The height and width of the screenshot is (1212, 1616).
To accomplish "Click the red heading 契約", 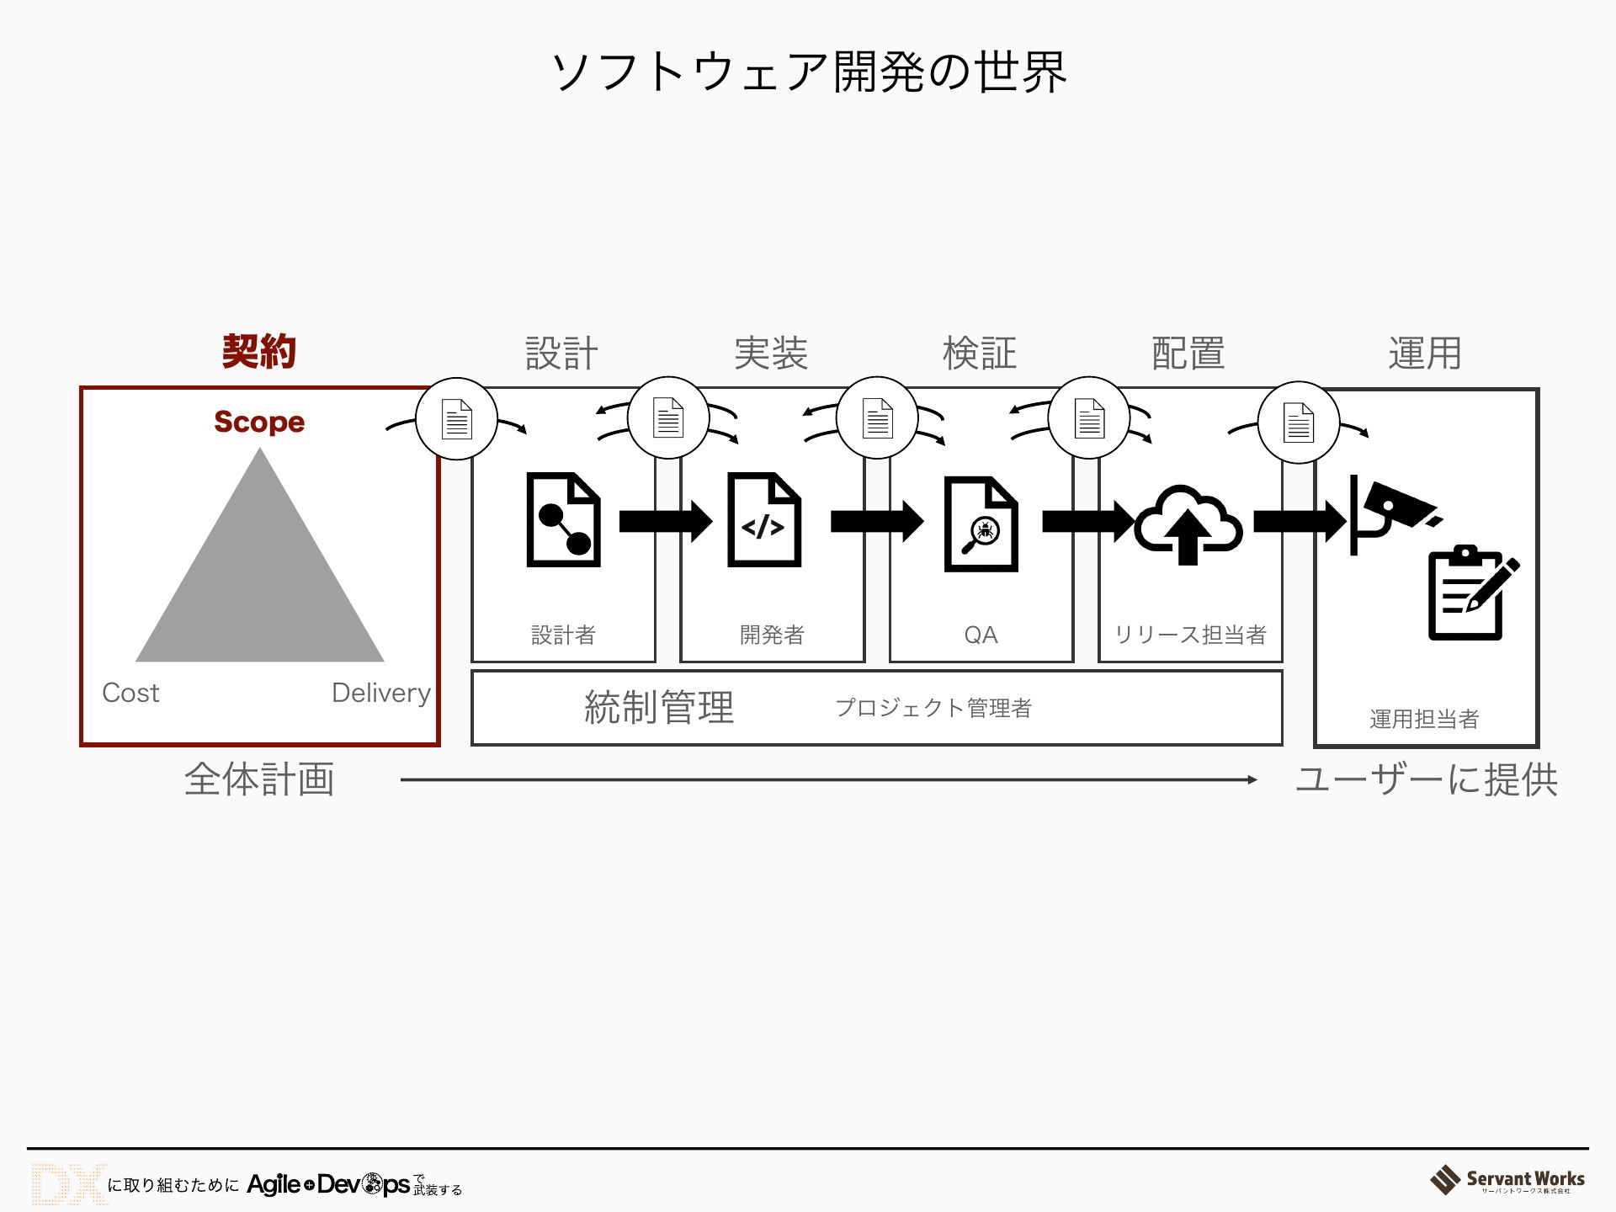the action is coord(259,351).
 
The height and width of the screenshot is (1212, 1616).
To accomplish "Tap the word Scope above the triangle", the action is coord(259,422).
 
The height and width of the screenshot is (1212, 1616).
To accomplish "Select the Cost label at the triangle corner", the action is coord(130,693).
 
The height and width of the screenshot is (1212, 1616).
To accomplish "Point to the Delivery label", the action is coord(381,693).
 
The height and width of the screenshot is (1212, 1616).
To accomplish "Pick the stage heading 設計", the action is coord(562,353).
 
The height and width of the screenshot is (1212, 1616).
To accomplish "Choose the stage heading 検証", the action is coord(980,353).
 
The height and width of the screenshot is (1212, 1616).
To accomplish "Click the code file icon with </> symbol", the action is coord(764,520).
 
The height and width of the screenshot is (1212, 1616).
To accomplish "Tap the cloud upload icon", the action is coord(1188,524).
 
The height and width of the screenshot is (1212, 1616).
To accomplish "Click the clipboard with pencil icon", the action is coord(1473,593).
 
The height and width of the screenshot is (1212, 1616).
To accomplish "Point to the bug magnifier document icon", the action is coord(981,524).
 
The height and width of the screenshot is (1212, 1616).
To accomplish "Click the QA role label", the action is coord(981,635).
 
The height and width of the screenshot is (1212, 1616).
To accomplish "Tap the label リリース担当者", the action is coord(1190,635).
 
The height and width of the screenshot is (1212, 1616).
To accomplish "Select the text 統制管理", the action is coord(659,708).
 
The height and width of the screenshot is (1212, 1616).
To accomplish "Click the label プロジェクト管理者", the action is coord(933,708).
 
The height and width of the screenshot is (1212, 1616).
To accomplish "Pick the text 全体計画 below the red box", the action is coord(259,779).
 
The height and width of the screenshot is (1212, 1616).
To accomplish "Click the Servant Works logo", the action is coord(1507,1181).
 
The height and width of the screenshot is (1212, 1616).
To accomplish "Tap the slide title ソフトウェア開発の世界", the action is coord(809,72).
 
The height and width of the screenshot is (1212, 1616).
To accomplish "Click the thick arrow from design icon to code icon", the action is coord(666,521).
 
